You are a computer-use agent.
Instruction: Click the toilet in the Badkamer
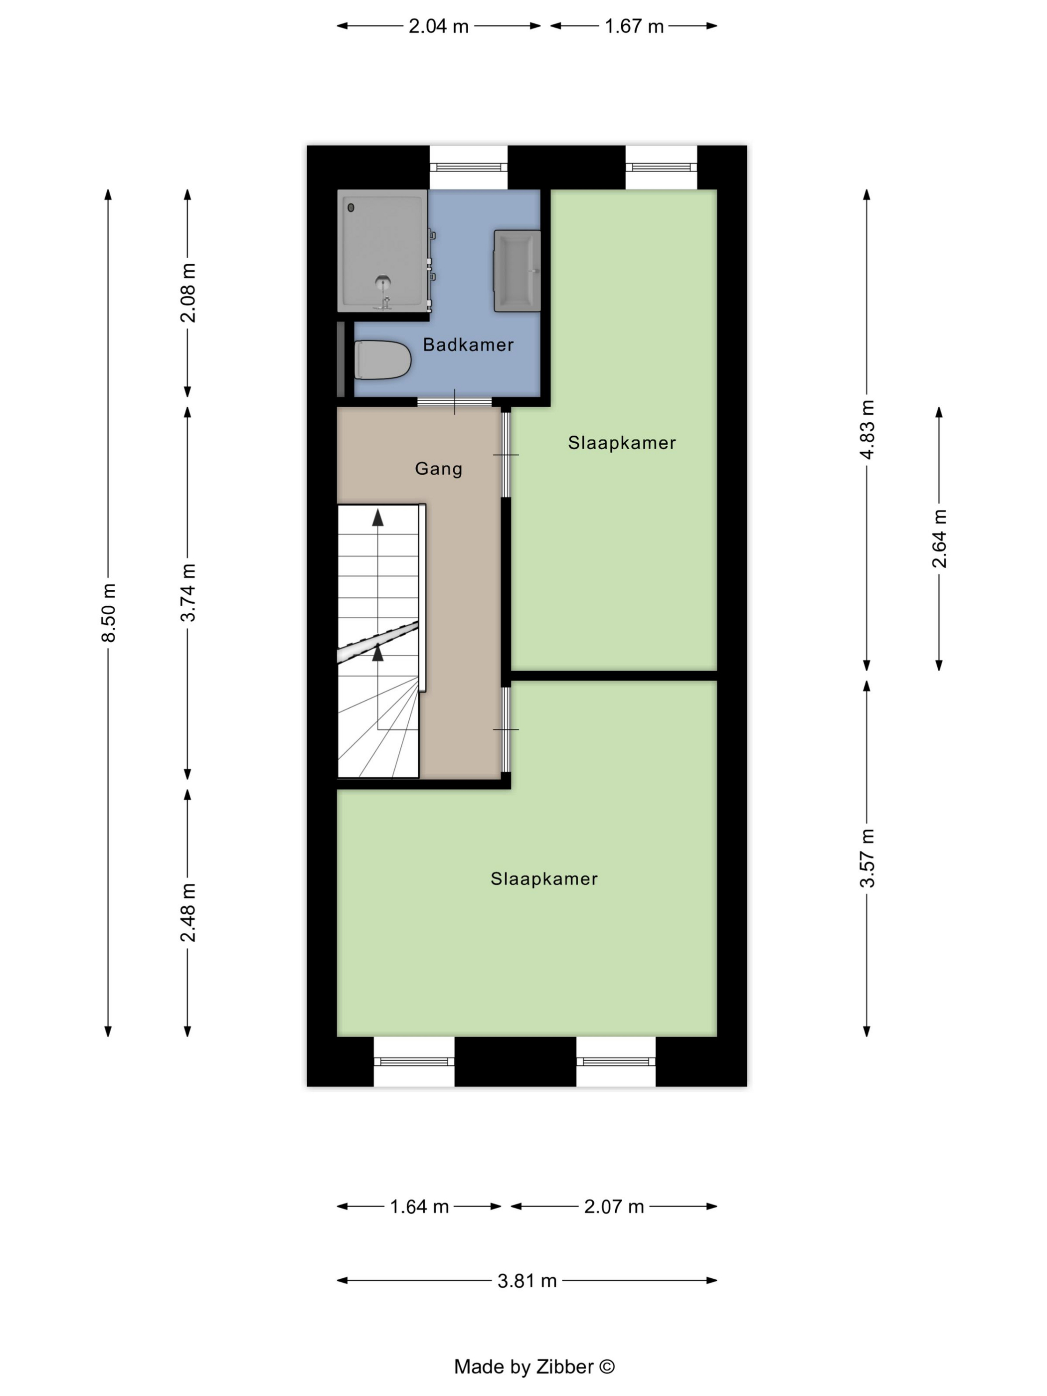point(382,360)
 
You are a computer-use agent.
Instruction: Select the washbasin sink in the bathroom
point(518,271)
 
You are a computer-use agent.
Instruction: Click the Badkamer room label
point(468,345)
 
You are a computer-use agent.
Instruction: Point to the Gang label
point(439,469)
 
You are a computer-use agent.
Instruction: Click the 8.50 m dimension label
point(109,613)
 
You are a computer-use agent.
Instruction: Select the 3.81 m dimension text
point(527,1280)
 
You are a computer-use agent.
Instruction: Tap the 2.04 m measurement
point(439,26)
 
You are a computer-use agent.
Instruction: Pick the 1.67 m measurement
point(634,26)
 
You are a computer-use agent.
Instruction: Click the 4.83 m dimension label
point(867,429)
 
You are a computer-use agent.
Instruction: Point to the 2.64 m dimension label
point(939,538)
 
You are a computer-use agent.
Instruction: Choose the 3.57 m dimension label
point(867,859)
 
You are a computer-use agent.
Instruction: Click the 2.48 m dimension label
point(188,912)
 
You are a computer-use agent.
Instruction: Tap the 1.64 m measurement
point(419,1206)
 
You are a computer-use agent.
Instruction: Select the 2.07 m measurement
point(614,1206)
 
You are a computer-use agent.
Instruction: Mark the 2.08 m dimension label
point(188,293)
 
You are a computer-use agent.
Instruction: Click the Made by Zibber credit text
point(534,1367)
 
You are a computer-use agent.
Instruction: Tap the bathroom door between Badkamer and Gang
point(454,401)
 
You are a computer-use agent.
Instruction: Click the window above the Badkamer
point(468,167)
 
